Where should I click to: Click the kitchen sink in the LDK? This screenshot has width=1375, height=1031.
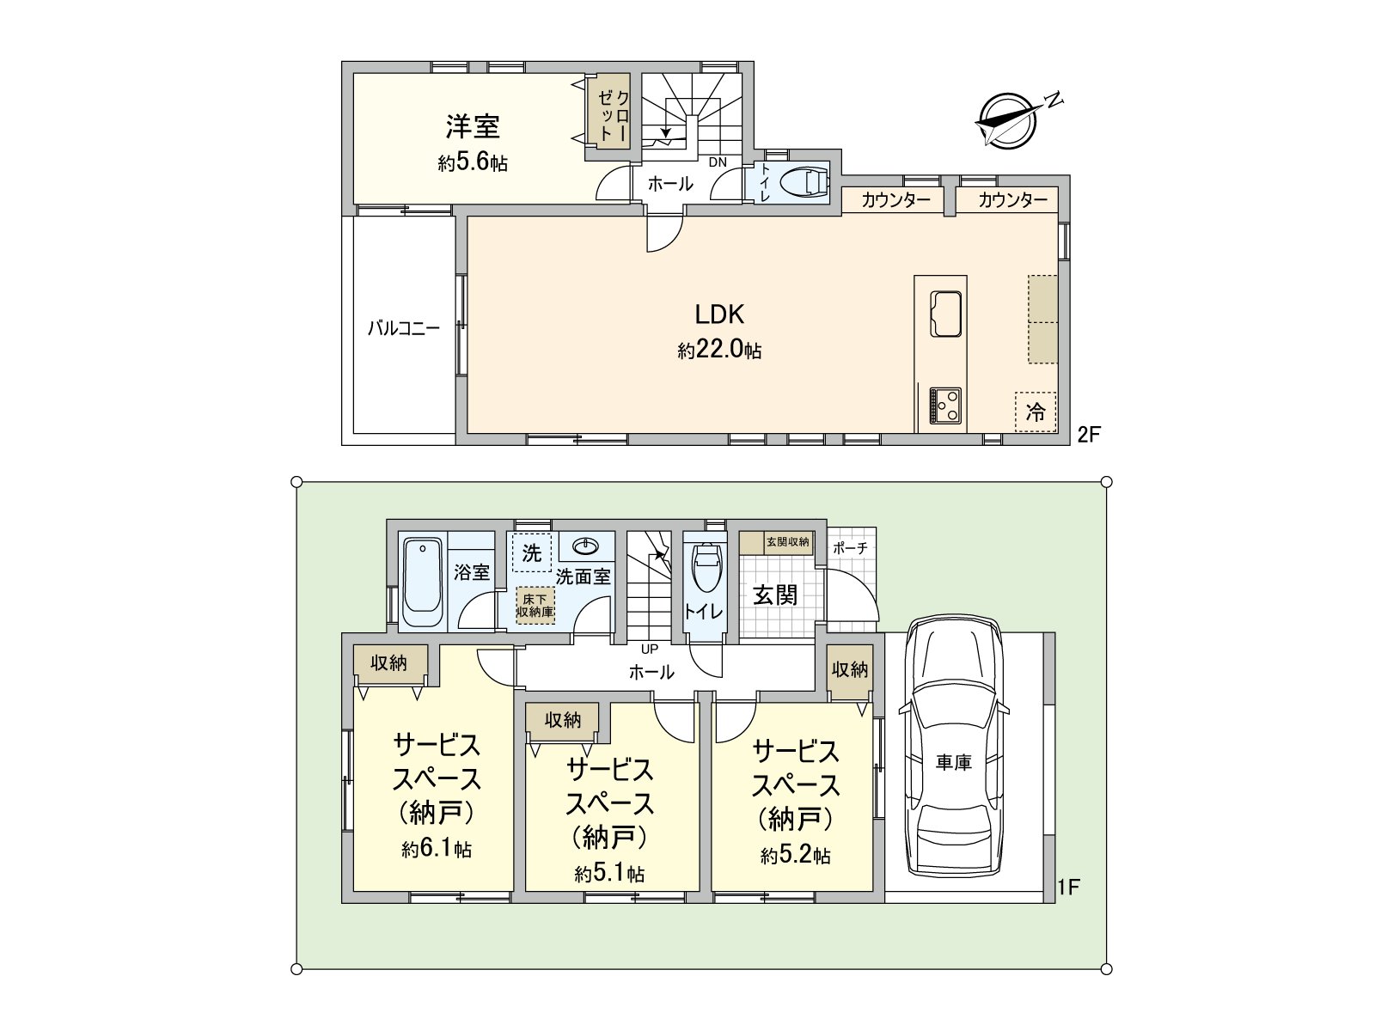(947, 314)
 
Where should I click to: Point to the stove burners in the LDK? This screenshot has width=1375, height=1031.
(946, 404)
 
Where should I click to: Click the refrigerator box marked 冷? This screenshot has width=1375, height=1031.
(1036, 412)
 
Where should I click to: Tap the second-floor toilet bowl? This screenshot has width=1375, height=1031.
(808, 182)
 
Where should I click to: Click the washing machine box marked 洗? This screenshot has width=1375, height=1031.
(532, 553)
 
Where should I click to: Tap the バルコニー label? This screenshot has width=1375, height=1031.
(403, 328)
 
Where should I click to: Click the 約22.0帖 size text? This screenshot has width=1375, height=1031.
(719, 351)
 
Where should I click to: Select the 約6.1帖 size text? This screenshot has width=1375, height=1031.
(437, 849)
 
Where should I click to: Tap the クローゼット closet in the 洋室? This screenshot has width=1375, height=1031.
(614, 116)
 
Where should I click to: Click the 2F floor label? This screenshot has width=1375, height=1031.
(1089, 435)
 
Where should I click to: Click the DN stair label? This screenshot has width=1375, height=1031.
(718, 162)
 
